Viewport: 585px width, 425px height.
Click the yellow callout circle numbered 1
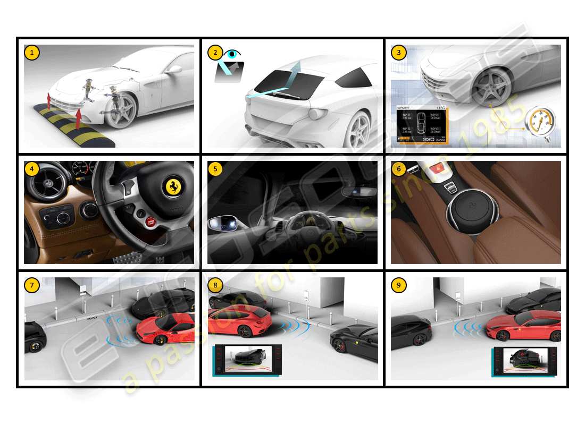point(32,52)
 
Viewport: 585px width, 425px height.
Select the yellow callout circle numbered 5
point(215,169)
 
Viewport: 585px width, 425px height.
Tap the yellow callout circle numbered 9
point(398,285)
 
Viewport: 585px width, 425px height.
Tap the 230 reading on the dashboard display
point(428,139)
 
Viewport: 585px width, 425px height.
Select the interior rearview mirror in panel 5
point(358,192)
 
